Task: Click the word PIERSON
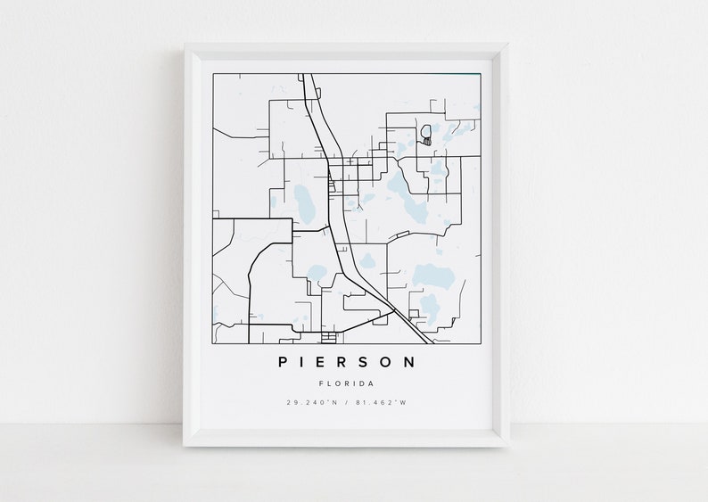tap(346, 362)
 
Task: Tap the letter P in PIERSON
tap(283, 362)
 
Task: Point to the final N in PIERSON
tap(409, 362)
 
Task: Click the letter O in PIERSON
tap(387, 362)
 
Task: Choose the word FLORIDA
tap(346, 383)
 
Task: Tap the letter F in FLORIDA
tap(320, 383)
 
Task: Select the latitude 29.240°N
tap(312, 402)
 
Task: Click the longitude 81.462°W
tap(381, 402)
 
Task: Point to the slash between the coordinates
tap(346, 402)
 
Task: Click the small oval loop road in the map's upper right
tap(426, 135)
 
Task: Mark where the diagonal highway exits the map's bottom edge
tap(432, 342)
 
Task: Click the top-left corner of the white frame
tap(185, 44)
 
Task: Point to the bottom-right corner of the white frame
tap(508, 445)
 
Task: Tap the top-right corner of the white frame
tap(508, 44)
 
